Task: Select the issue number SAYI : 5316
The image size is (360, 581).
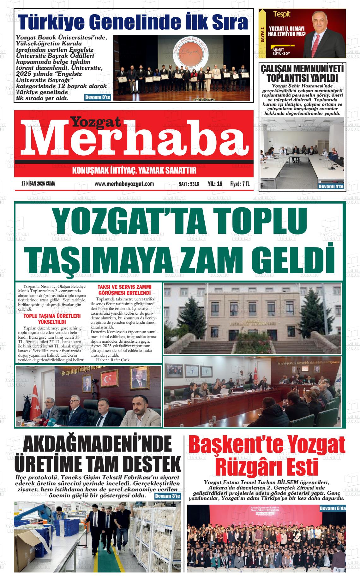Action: (189, 184)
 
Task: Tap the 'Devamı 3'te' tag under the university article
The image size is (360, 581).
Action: (98, 97)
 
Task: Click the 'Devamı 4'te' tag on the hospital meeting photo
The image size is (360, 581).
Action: (331, 187)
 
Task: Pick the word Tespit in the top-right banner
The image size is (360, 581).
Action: (282, 14)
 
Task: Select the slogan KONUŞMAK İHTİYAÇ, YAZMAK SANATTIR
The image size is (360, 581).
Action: (134, 171)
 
